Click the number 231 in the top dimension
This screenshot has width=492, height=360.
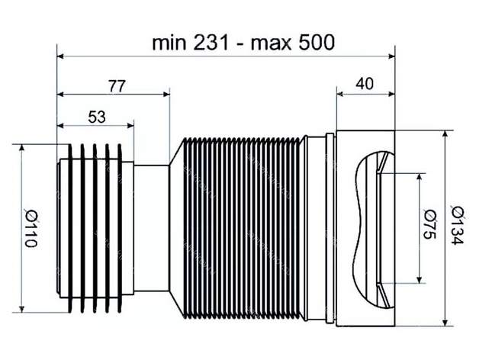tap(211, 43)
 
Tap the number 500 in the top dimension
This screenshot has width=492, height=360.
tap(317, 43)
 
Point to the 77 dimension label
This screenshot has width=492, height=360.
tap(117, 85)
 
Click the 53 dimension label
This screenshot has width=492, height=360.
tap(97, 117)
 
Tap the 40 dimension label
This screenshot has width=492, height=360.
tap(365, 84)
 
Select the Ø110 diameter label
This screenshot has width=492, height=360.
tap(31, 229)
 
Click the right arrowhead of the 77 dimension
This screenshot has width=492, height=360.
tap(166, 94)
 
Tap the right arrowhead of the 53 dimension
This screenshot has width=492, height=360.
tap(130, 126)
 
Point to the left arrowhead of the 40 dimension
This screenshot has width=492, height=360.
tap(340, 94)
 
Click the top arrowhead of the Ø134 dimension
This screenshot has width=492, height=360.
tap(445, 134)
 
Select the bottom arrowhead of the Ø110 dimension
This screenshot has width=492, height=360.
tap(21, 309)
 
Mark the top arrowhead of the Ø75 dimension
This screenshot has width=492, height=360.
tap(420, 177)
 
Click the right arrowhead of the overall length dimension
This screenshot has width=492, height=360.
tap(391, 56)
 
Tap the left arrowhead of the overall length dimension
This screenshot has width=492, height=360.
tap(60, 56)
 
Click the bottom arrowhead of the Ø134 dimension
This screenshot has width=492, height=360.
tap(445, 323)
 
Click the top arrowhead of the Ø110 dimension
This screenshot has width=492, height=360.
tap(21, 148)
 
